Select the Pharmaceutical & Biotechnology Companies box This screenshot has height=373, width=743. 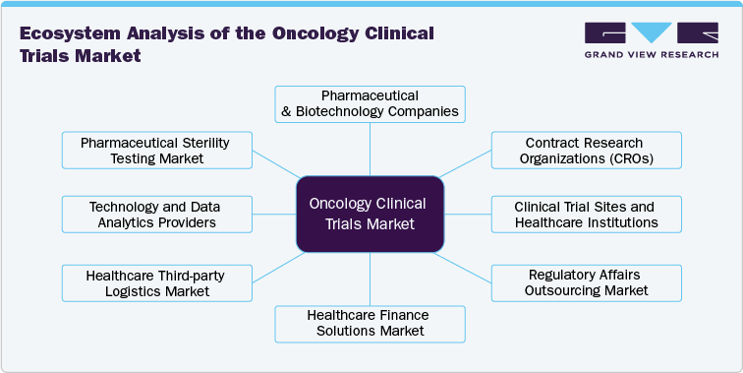point(370,103)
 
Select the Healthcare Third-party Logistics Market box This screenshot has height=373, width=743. point(155,282)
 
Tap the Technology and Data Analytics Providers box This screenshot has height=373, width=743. point(155,215)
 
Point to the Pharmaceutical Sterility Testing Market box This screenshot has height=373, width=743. point(155,151)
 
